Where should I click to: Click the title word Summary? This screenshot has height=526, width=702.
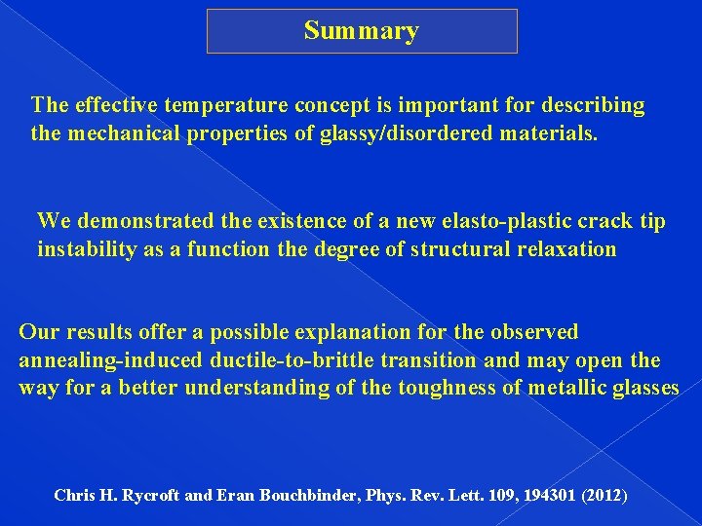(x=361, y=31)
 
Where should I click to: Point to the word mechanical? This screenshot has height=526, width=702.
(x=120, y=132)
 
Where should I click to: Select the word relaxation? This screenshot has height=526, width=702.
(x=564, y=249)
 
